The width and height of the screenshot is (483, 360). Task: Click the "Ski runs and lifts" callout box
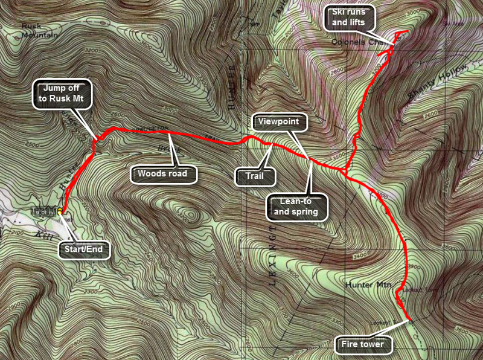350,18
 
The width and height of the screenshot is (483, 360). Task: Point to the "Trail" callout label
254,176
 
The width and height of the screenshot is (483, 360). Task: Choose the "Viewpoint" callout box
279,121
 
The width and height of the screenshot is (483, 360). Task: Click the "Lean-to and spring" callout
298,207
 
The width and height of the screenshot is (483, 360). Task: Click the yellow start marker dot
61,212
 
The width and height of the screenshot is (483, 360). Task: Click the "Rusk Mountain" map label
39,30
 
